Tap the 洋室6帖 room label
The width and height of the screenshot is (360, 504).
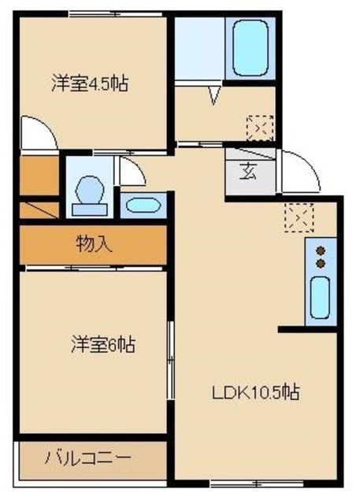point(103,344)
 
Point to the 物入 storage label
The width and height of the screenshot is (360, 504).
point(93,244)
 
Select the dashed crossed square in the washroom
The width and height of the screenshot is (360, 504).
point(260,127)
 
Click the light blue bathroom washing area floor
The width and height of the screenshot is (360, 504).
point(199,49)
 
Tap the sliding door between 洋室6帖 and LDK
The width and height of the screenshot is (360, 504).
point(170,355)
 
